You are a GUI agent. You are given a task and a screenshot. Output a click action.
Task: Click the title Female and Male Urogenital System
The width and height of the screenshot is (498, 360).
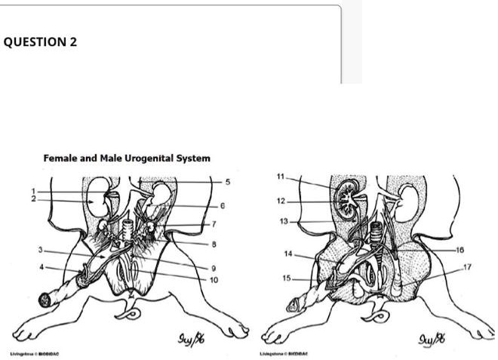click(x=127, y=158)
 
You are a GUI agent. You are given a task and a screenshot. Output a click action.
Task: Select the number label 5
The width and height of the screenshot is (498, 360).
click(x=227, y=181)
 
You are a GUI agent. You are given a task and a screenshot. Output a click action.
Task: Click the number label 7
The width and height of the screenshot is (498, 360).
click(x=214, y=224)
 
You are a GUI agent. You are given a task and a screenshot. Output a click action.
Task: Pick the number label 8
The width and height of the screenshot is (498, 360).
click(x=214, y=243)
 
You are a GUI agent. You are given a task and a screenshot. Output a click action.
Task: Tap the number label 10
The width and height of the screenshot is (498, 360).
click(x=214, y=280)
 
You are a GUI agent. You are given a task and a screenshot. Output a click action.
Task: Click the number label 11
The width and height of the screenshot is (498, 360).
click(x=281, y=176)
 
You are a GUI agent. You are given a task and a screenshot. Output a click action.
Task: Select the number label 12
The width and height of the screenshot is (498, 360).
click(x=281, y=201)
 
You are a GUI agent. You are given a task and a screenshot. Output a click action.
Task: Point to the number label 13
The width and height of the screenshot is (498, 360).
click(x=283, y=221)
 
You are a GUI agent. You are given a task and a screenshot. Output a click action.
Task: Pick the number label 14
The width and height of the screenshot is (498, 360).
click(x=287, y=254)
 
